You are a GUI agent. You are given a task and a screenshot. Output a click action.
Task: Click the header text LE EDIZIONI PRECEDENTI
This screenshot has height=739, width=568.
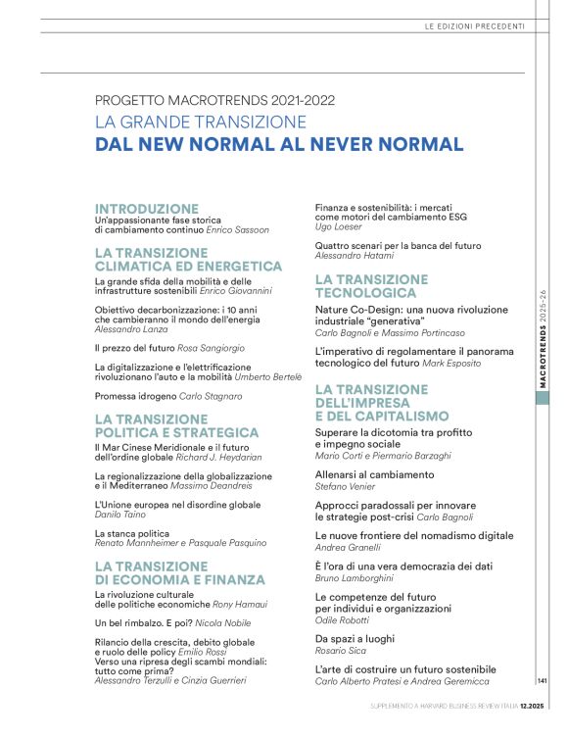pyautogui.click(x=474, y=25)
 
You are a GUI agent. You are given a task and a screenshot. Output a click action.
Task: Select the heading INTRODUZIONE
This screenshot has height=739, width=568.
pyautogui.click(x=147, y=209)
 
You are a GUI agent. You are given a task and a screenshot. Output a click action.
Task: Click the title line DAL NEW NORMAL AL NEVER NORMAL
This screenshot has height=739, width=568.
pyautogui.click(x=279, y=145)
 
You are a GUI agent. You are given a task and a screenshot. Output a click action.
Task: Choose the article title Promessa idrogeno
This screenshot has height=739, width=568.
pyautogui.click(x=136, y=396)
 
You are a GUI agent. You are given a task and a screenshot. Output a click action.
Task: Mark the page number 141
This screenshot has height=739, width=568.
pyautogui.click(x=542, y=680)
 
